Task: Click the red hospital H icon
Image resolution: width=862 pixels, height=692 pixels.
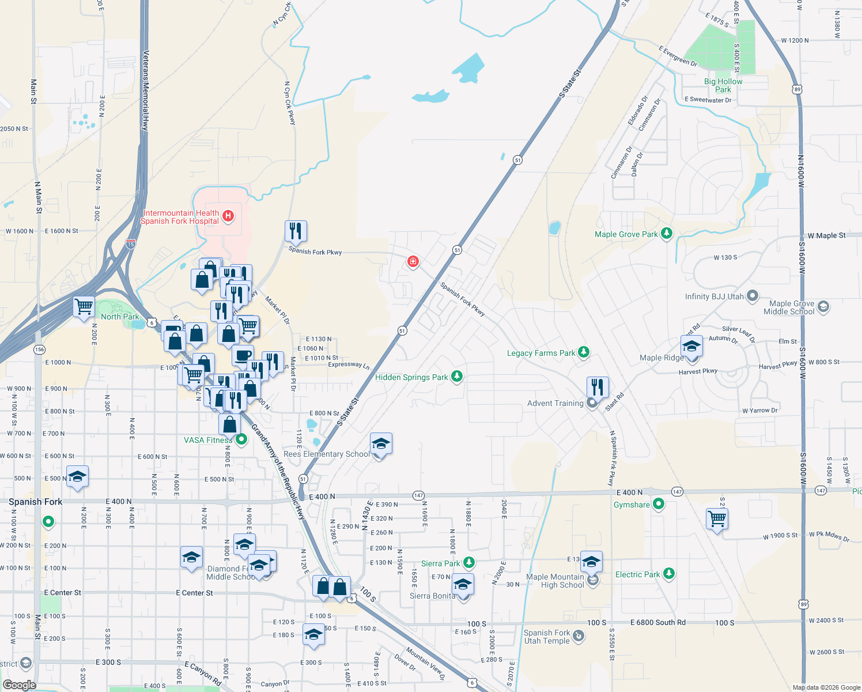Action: (x=228, y=216)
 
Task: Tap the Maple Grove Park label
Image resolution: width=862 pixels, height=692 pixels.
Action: (x=626, y=234)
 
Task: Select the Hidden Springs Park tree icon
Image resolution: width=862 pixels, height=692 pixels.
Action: (x=457, y=377)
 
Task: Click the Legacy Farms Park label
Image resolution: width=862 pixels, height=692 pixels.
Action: (x=540, y=353)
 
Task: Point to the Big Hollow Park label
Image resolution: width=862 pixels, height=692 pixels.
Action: (x=723, y=85)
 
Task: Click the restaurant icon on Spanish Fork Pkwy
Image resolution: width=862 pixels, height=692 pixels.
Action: (x=295, y=231)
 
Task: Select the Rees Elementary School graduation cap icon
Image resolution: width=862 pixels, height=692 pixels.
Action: (x=381, y=444)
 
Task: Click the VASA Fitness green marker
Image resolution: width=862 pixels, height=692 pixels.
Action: (x=242, y=440)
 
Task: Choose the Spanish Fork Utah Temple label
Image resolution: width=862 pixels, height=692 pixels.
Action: (x=547, y=637)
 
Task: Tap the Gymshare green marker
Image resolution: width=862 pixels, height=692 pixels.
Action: (x=659, y=505)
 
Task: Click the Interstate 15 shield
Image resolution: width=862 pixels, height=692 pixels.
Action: (x=131, y=244)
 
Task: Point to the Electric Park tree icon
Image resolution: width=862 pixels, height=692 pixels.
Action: (x=668, y=574)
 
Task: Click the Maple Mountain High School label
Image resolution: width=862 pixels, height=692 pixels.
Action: (x=555, y=581)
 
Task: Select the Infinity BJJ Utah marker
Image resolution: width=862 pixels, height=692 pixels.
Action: (x=753, y=296)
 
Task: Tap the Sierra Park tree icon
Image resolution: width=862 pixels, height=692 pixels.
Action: (x=469, y=562)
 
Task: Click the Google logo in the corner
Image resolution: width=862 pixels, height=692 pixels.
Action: (x=19, y=685)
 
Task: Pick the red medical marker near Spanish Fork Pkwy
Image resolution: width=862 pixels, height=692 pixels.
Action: (x=413, y=262)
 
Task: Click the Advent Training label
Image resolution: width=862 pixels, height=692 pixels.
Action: (x=555, y=403)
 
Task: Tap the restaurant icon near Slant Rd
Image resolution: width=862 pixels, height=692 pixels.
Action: (x=598, y=387)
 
